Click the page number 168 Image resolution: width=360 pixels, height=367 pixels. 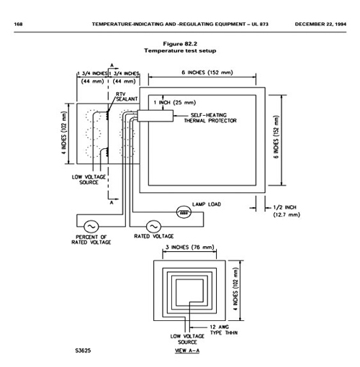tap(18, 24)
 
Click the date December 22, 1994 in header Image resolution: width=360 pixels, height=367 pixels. tap(320, 24)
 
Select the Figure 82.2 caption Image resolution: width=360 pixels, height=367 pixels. tap(180, 47)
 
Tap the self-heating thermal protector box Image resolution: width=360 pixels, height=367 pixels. tap(155, 116)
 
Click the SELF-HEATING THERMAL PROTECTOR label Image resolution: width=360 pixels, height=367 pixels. tap(210, 118)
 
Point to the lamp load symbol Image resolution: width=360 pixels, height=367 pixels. tap(184, 212)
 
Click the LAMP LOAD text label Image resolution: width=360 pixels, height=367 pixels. tap(207, 204)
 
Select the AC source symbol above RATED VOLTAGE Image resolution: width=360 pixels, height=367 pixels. tap(153, 227)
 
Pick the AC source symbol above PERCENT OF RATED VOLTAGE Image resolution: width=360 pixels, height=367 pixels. tap(91, 227)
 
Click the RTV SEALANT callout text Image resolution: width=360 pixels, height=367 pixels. tap(127, 96)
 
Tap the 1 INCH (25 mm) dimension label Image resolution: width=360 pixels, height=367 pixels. tap(175, 103)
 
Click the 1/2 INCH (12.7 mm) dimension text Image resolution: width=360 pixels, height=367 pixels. tap(287, 211)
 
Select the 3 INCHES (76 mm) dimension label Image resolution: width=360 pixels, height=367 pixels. tap(189, 248)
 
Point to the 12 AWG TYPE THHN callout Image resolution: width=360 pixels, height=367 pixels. tap(224, 330)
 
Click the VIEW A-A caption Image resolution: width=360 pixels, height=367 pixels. tap(187, 350)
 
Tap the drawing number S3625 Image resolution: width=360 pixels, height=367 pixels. tap(83, 350)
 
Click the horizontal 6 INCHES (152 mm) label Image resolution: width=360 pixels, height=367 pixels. tap(207, 73)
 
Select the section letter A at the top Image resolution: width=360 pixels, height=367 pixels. tap(112, 65)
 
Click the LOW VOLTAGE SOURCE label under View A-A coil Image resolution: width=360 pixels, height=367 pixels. tap(187, 339)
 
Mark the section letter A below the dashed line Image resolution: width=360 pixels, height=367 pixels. tap(112, 203)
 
